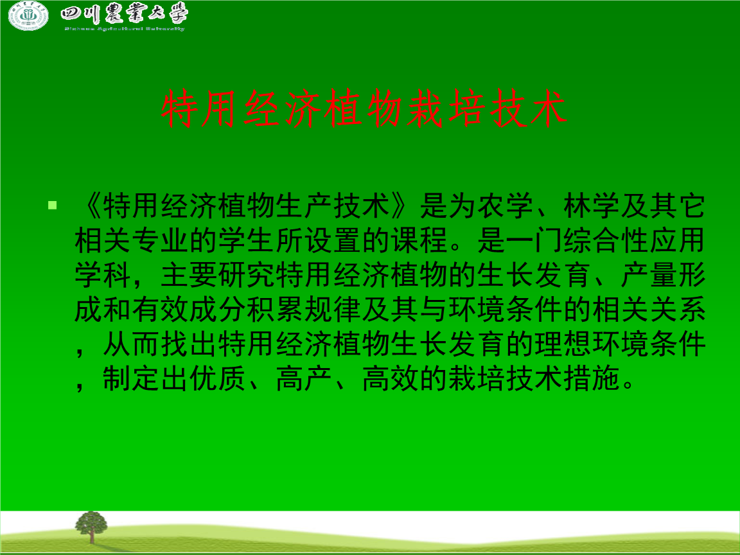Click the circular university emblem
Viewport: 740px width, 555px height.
28,16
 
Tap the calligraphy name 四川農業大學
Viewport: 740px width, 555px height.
124,14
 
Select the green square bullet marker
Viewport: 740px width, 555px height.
53,206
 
